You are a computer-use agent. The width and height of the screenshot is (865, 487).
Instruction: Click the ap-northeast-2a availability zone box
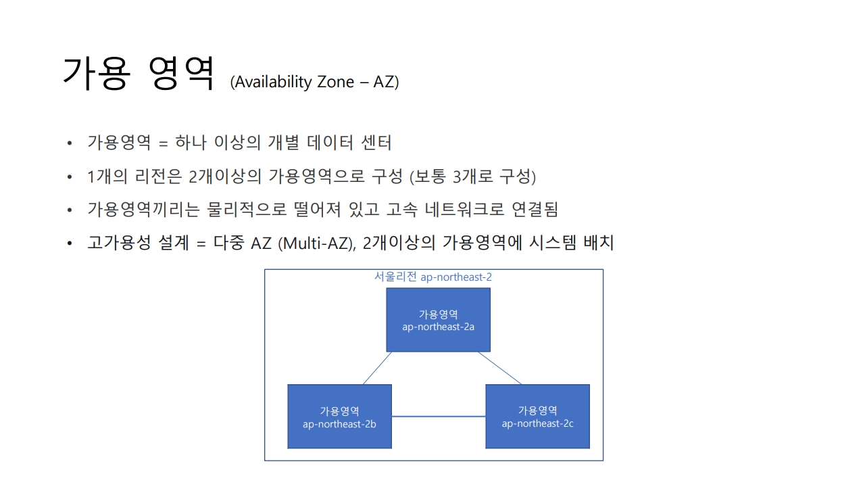pyautogui.click(x=438, y=319)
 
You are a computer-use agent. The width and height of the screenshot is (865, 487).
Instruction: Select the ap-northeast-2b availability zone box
pyautogui.click(x=339, y=417)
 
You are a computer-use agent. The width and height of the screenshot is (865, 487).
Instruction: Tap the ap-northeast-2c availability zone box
pyautogui.click(x=537, y=417)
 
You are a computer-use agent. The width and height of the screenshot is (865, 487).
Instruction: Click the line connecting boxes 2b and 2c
pyautogui.click(x=439, y=417)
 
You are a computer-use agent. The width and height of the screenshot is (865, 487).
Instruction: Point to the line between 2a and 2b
pyautogui.click(x=378, y=368)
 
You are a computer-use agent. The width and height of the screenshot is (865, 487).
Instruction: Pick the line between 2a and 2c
pyautogui.click(x=499, y=368)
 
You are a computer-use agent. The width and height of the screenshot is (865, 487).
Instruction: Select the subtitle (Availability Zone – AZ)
pyautogui.click(x=314, y=82)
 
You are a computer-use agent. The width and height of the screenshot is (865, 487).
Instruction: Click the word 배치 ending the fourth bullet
pyautogui.click(x=597, y=243)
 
